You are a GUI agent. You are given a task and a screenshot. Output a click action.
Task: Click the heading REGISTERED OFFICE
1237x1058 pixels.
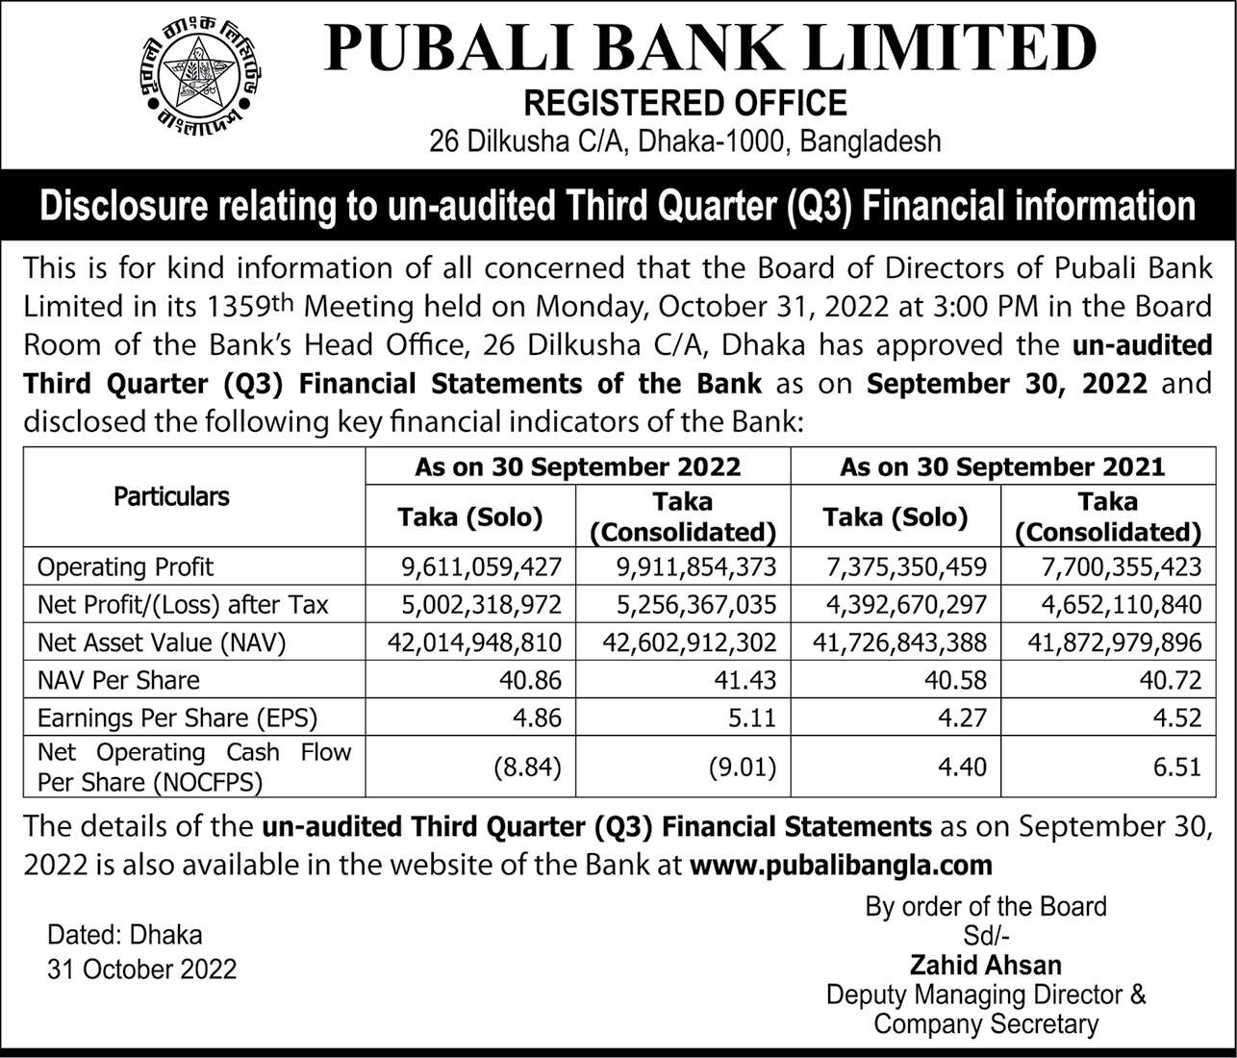pos(684,102)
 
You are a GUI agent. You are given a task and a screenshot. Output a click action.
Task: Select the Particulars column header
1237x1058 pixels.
pos(171,496)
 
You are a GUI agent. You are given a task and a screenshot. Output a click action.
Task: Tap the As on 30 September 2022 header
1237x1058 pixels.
pos(577,466)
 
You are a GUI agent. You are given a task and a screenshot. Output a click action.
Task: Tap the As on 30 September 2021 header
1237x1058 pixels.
pos(1001,466)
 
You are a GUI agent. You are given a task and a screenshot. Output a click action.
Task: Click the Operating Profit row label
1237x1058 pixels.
pos(125,567)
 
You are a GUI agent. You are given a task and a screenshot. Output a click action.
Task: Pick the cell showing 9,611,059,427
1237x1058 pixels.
pos(480,567)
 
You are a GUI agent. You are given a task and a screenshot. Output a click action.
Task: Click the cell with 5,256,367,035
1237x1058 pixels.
pos(694,605)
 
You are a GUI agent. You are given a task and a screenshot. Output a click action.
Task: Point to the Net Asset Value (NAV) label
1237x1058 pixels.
pos(162,642)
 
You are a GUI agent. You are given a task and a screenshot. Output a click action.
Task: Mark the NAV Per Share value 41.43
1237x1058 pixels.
pos(747,680)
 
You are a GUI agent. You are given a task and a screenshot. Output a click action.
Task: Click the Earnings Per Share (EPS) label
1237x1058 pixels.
pos(177,718)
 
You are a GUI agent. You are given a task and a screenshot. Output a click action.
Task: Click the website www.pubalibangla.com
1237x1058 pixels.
pos(841,865)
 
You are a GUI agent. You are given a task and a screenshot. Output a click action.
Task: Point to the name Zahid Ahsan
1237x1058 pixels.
pos(986,965)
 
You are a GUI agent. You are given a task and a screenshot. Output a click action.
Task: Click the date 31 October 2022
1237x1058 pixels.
pos(141,968)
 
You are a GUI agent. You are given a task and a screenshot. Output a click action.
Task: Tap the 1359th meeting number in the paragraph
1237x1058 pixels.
pos(251,306)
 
